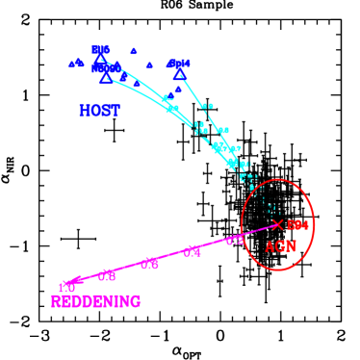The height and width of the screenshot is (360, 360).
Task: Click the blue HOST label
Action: [99, 111]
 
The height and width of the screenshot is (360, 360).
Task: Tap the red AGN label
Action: [280, 246]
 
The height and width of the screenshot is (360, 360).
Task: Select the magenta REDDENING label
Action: [95, 301]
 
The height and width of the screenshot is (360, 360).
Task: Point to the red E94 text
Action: [297, 225]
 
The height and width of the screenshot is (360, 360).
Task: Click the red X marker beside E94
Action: [277, 224]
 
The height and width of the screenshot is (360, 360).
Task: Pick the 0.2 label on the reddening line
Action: [235, 241]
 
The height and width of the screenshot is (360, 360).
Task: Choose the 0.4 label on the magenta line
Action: [193, 252]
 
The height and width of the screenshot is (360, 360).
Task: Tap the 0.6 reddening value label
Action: [149, 264]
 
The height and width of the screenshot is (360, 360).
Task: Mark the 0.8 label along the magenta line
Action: [107, 275]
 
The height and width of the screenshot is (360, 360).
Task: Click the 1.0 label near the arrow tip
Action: [66, 287]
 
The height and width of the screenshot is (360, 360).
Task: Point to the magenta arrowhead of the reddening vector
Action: [73, 280]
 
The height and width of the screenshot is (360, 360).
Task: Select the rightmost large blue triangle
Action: [178, 73]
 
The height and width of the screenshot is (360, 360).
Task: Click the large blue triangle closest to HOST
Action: [106, 79]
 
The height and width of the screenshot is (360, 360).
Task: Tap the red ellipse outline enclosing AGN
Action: [314, 223]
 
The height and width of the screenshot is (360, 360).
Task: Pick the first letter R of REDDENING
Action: [56, 301]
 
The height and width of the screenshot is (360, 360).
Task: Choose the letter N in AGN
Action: [290, 246]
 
